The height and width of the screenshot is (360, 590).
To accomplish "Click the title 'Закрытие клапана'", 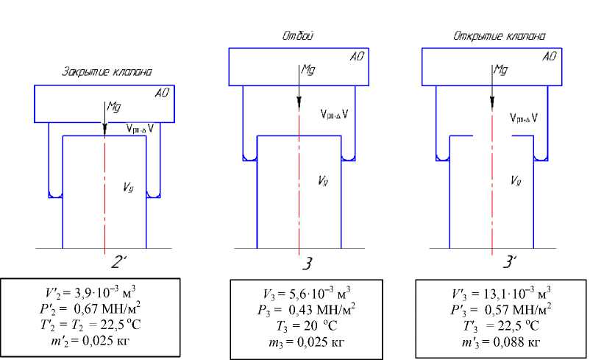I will (107, 73).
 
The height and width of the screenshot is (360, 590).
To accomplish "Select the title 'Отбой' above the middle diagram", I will (299, 35).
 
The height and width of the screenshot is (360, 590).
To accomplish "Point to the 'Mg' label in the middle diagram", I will (308, 70).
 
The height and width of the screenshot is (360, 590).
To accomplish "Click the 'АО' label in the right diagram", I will (550, 56).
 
